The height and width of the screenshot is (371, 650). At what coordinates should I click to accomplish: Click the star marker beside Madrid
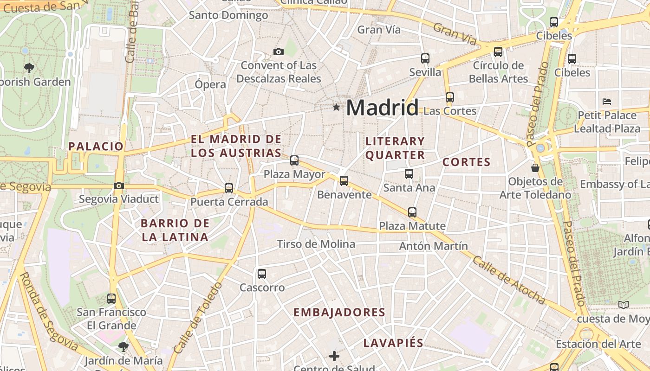coord(336,108)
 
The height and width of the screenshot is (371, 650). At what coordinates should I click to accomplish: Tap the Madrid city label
coord(382,108)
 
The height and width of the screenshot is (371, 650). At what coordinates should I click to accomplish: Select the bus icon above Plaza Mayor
coord(294,160)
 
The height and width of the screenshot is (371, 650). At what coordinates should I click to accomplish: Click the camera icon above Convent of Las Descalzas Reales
coord(278,51)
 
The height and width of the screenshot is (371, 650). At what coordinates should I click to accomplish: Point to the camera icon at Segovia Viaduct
coord(119,185)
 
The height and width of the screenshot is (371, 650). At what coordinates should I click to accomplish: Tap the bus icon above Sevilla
coord(425,58)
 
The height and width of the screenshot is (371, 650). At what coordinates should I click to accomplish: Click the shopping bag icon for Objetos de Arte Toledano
coord(535,167)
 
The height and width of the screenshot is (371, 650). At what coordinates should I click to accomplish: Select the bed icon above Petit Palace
coord(607,101)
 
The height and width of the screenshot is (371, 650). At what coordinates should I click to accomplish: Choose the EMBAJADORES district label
coord(339,313)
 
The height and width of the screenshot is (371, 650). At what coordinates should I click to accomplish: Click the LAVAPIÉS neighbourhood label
coord(393,343)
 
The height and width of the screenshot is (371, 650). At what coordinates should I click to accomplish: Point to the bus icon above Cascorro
coord(262,274)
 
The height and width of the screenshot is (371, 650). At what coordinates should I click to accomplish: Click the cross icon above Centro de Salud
coord(334,356)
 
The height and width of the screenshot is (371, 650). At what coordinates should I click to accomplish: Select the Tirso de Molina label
coord(316,244)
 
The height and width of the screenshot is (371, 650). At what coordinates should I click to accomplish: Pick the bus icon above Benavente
coord(344,180)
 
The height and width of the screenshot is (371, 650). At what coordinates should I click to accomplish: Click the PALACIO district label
coord(96,147)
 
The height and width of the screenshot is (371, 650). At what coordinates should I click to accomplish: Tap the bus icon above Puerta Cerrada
coord(229,188)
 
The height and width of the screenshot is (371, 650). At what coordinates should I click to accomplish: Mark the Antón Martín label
coord(434,246)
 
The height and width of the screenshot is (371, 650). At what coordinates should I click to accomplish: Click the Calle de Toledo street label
coord(196,317)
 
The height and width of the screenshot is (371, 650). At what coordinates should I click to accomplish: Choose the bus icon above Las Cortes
coord(450,97)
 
